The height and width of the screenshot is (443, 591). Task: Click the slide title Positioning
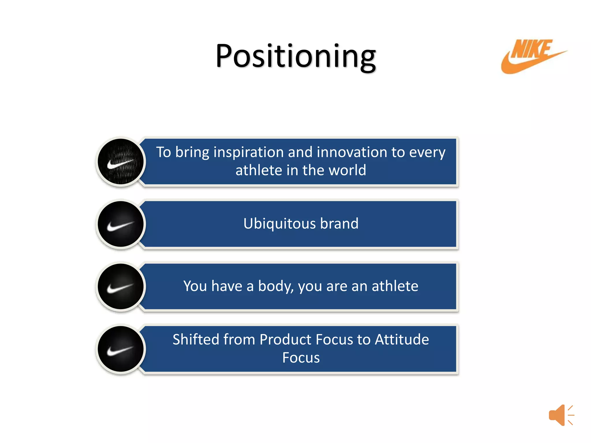coord(295,56)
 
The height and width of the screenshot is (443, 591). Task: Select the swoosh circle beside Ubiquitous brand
coord(121,224)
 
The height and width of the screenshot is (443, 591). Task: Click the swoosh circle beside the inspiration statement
coord(121,162)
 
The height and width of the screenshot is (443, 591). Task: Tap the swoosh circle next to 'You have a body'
coord(121,286)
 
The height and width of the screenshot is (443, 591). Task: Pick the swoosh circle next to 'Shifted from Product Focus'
coord(121,349)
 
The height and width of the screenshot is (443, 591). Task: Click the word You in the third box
coord(195,286)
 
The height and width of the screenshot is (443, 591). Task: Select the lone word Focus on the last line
coord(301,358)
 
